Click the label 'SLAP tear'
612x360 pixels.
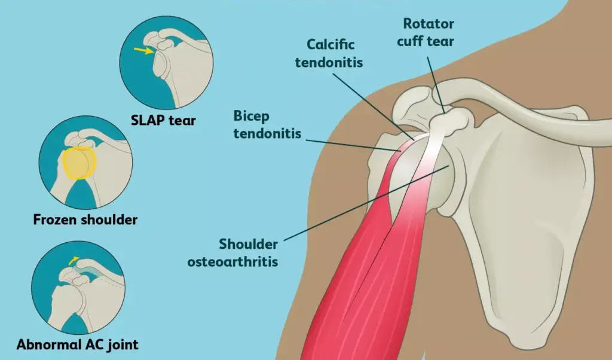click(x=163, y=120)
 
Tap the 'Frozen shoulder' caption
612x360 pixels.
click(x=85, y=219)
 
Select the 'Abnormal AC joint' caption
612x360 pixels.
click(x=77, y=344)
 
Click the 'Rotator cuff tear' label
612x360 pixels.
click(x=428, y=32)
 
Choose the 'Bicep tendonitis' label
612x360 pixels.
click(x=268, y=124)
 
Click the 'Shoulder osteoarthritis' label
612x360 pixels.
click(x=248, y=252)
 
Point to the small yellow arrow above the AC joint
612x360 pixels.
click(x=72, y=260)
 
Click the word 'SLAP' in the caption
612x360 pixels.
click(x=146, y=120)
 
